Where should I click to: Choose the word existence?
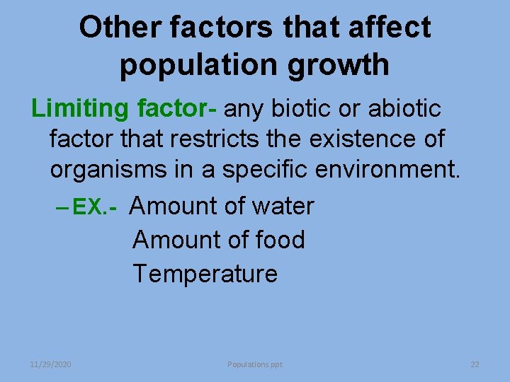click(358, 139)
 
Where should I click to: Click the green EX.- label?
click(93, 207)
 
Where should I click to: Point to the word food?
click(278, 241)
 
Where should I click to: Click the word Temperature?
click(205, 274)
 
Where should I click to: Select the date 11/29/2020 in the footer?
click(50, 364)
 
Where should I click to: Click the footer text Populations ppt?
click(255, 364)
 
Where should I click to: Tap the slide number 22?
click(475, 364)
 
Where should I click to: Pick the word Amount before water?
click(174, 207)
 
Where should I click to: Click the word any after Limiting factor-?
click(245, 110)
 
